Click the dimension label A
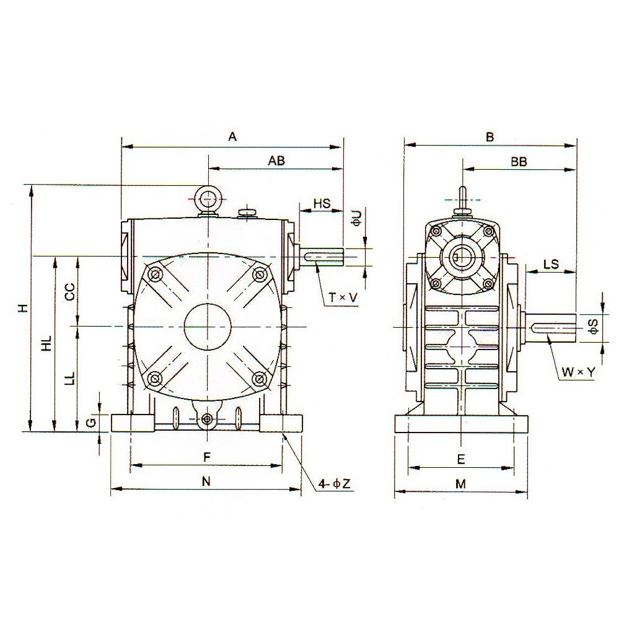pos(233,138)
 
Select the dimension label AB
pos(276,160)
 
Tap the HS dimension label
pos(322,203)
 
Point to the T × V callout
pos(343,297)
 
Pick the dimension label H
pos(22,307)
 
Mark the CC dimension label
pos(70,292)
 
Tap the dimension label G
pos(90,423)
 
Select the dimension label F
pos(208,457)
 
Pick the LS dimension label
pos(550,264)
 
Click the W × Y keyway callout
pos(578,372)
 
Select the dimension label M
pos(460,484)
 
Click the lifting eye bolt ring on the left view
pos(208,199)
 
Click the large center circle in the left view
pos(208,326)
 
